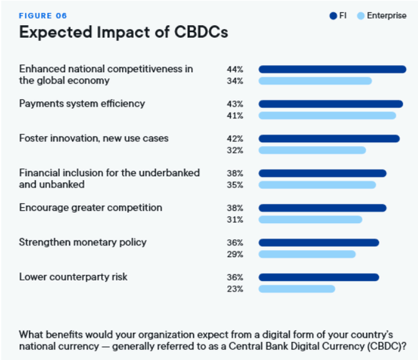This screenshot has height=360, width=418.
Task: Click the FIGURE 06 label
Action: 43,15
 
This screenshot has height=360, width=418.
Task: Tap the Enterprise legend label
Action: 386,15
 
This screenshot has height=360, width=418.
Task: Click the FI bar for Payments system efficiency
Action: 331,104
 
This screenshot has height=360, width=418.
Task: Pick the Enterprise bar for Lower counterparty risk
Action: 297,289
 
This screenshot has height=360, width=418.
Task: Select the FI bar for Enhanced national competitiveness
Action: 332,69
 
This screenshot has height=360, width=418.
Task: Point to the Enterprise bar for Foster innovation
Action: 312,150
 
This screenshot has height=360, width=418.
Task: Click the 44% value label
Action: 235,69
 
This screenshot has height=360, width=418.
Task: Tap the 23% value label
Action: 235,289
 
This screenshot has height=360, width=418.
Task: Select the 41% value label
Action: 235,116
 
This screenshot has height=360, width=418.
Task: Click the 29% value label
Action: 235,255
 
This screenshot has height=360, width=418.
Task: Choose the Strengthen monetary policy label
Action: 83,242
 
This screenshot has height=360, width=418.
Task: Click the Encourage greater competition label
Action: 91,208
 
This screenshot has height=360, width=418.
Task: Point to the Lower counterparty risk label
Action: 73,277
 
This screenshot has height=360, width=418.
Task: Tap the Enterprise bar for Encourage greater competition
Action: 310,220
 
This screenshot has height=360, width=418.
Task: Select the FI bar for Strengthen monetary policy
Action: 318,243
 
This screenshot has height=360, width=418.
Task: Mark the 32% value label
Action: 235,150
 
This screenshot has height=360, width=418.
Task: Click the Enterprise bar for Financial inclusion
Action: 317,185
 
